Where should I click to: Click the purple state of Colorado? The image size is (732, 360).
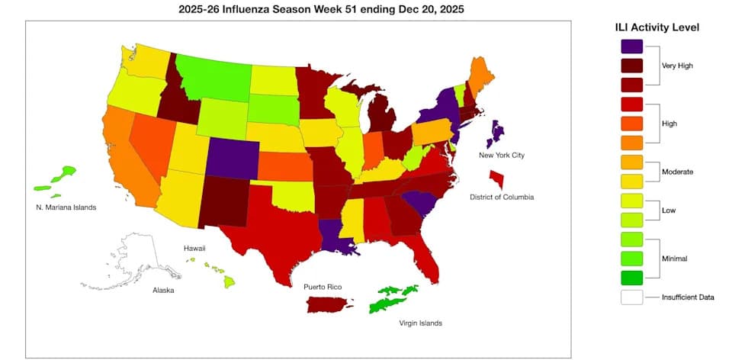[x=232, y=157]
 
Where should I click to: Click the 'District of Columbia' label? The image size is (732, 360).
[x=502, y=197]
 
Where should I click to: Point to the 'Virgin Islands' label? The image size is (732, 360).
[x=420, y=323]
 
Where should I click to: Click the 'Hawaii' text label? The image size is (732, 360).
[x=194, y=249]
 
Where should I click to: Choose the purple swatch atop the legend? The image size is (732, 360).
[x=631, y=47]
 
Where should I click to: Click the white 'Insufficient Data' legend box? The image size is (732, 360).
[x=631, y=297]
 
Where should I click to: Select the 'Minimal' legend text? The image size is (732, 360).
[x=673, y=259]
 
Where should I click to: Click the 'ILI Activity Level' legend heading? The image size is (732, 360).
[x=657, y=27]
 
